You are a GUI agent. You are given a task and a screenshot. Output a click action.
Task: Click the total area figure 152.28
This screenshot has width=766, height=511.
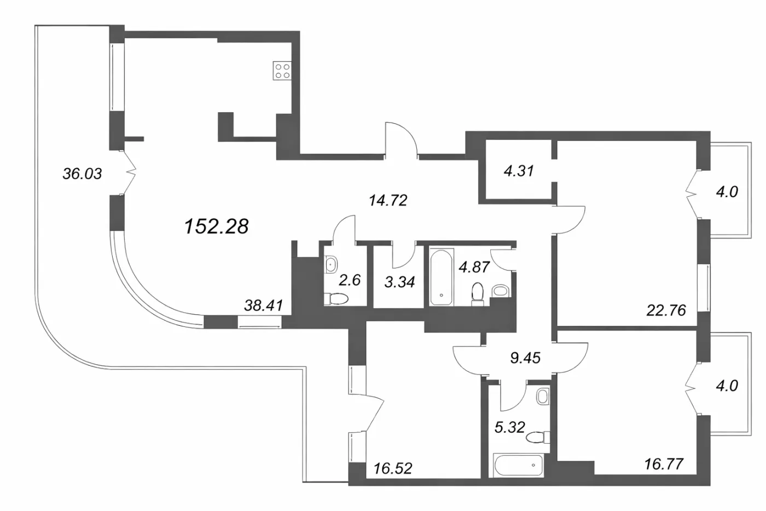tap(217, 227)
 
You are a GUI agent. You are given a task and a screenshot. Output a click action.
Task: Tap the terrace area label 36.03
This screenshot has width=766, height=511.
tap(82, 174)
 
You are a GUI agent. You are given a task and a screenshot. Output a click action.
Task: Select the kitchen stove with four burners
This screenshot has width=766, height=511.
tap(282, 71)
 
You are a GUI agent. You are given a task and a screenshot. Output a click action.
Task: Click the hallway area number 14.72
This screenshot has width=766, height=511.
tap(388, 200)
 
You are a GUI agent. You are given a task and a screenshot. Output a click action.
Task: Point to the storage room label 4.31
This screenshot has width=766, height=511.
tap(519, 171)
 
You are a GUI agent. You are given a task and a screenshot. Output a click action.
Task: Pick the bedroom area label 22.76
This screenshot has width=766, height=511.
tap(666, 311)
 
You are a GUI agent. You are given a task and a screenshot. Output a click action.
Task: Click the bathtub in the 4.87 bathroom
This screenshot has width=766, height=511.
tap(442, 277)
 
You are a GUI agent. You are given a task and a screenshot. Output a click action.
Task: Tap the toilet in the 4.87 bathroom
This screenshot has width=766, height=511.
tap(477, 294)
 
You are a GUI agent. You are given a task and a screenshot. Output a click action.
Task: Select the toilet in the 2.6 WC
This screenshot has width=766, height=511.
tap(336, 298)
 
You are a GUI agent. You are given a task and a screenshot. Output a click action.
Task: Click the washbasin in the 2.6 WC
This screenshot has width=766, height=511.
tap(330, 265)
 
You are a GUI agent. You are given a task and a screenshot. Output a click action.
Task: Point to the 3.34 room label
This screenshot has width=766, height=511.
tap(399, 282)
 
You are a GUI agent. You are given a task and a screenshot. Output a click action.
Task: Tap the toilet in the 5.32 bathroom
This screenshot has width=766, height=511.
tap(538, 438)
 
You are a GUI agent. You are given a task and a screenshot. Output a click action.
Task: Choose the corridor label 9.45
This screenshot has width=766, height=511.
tap(525, 358)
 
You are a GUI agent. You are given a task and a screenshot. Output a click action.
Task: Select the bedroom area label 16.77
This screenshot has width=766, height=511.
tap(664, 464)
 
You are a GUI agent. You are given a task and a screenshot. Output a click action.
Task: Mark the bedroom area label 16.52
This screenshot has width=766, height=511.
tap(393, 469)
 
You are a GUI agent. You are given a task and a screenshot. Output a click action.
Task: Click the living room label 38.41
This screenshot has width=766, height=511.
tap(264, 305)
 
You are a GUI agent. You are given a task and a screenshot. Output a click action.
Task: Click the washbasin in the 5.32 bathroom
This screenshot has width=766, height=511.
tap(542, 397)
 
